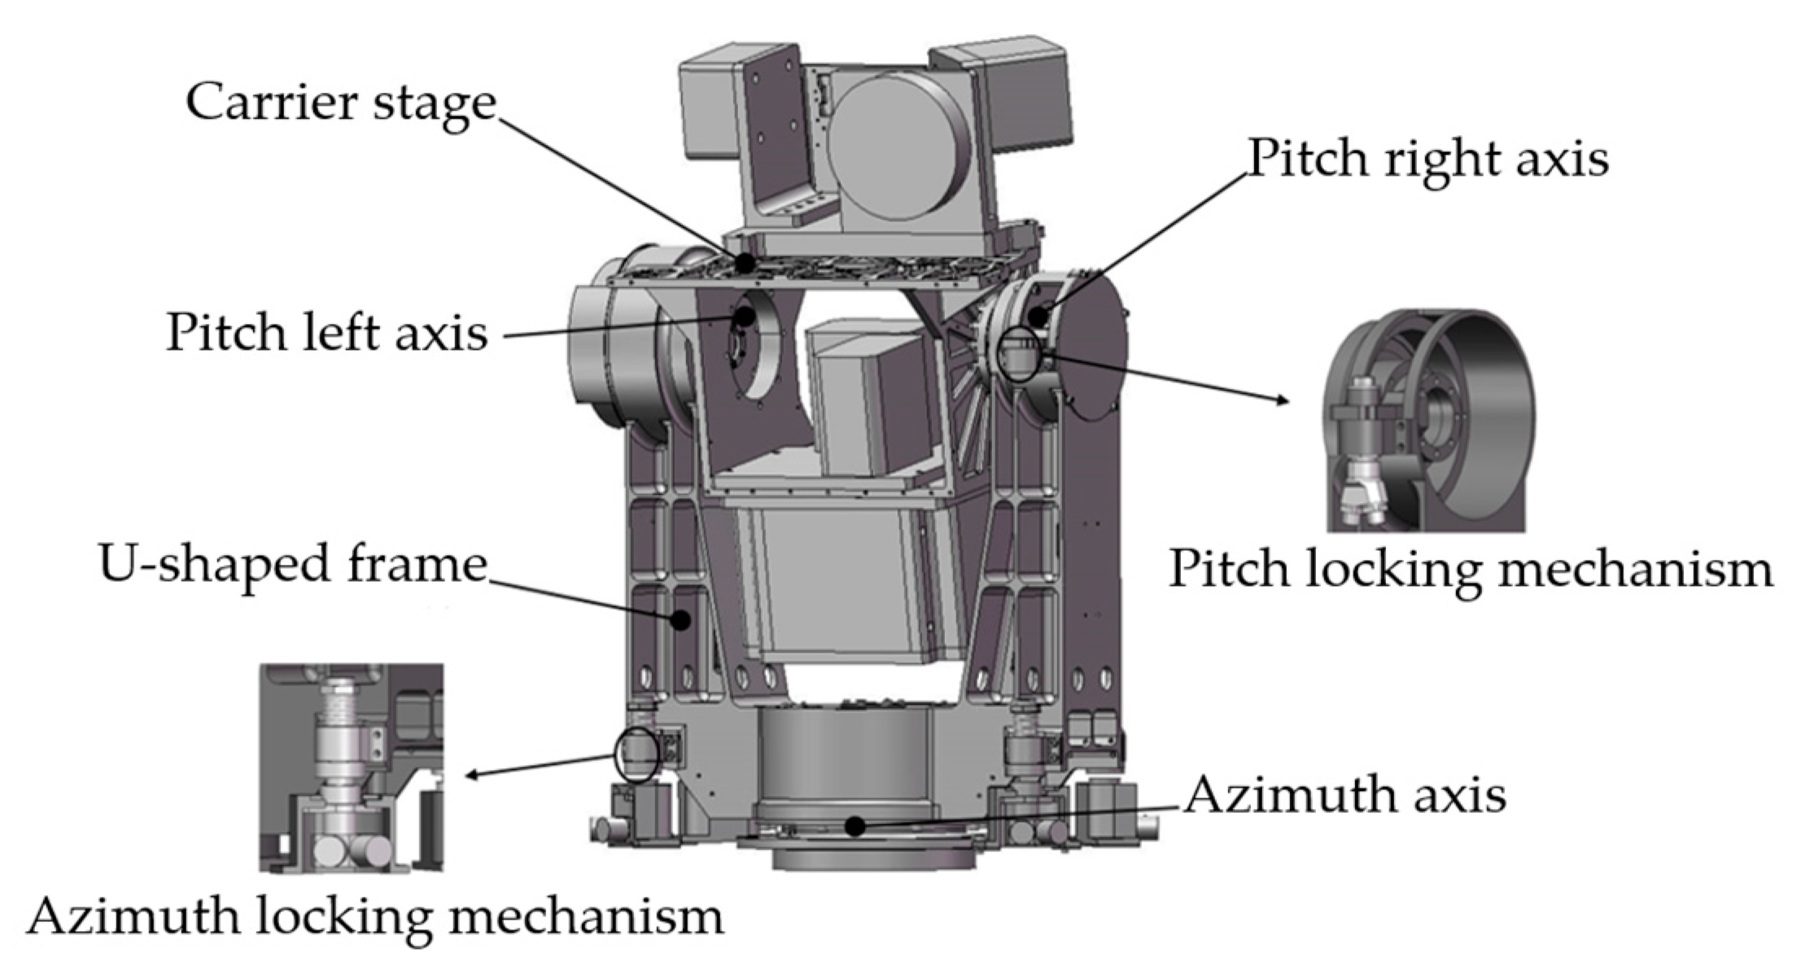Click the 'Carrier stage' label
click(x=340, y=104)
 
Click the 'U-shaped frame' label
click(x=292, y=564)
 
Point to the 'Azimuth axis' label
click(x=1344, y=795)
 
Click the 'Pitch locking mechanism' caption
click(x=1470, y=570)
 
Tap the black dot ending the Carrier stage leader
click(x=744, y=263)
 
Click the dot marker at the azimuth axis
click(x=854, y=827)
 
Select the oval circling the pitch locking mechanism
click(x=1020, y=355)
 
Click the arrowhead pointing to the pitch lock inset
click(x=1283, y=400)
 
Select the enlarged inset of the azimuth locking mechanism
click(x=352, y=768)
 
